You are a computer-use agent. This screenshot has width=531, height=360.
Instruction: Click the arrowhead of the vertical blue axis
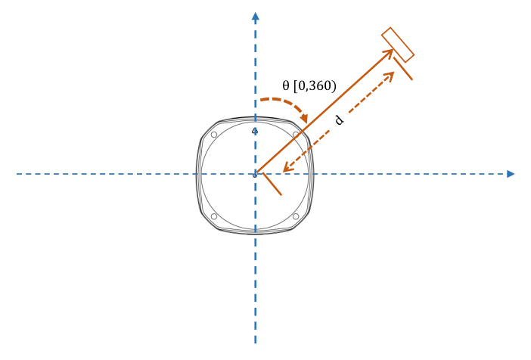point(256,16)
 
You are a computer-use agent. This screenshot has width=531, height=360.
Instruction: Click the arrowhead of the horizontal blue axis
point(511,174)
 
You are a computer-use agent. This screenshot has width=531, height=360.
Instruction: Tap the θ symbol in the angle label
point(286,85)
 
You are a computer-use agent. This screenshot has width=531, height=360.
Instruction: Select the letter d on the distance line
point(339,120)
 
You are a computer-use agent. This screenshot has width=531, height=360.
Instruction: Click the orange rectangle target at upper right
point(398,45)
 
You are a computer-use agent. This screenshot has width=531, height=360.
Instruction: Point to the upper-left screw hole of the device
point(214,135)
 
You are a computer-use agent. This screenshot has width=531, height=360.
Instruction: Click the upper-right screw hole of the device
point(296,135)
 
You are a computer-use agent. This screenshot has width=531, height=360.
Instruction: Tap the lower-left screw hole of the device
point(214,217)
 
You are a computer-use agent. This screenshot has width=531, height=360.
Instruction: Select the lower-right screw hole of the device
point(296,217)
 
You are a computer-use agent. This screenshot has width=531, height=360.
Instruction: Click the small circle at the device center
point(255,175)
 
